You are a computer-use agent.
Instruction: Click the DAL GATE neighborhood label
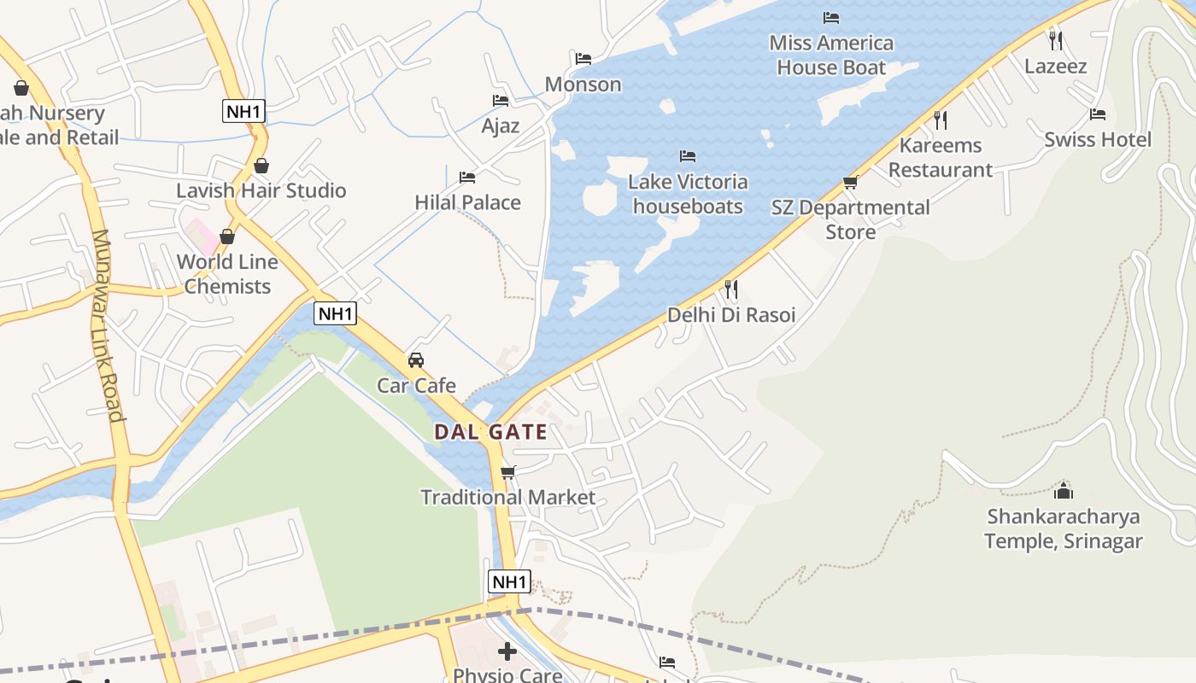coord(490,432)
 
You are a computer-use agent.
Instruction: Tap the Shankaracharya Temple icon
coord(1063,490)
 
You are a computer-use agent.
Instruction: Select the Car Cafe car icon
coord(416,360)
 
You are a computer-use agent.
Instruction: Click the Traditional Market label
coord(507,497)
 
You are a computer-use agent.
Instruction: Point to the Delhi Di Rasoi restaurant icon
coord(730,289)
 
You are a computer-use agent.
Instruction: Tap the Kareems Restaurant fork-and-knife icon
coord(940,120)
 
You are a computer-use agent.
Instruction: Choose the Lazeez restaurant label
coord(1055,67)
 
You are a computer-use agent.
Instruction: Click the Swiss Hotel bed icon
coord(1097,114)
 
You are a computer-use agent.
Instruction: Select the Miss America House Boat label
coord(830,55)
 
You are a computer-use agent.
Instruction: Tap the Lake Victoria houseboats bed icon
coord(687,156)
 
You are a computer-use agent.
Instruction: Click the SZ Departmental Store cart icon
coord(850,182)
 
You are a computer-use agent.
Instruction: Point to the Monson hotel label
coord(583,85)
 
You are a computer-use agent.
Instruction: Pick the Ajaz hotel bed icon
coord(501,101)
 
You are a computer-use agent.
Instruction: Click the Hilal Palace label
coord(467,202)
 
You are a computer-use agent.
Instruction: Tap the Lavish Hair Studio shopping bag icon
coord(261,166)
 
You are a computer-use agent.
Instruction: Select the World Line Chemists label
coord(227,274)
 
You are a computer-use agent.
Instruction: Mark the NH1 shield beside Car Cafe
coord(335,313)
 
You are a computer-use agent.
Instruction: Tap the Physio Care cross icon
coord(507,651)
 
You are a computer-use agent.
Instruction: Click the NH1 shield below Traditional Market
coord(509,582)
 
